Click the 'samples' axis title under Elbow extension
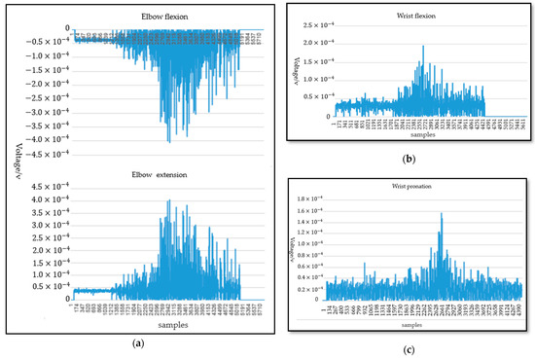pos(157,326)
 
